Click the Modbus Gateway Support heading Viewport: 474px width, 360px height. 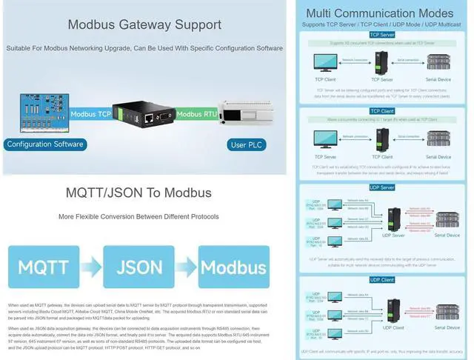141,24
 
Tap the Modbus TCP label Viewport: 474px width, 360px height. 91,114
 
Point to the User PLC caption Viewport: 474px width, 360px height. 248,144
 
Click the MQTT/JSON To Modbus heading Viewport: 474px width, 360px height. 140,193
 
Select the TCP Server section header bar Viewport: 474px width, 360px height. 381,34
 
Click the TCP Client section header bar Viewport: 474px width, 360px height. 381,111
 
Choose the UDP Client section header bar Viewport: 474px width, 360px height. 381,279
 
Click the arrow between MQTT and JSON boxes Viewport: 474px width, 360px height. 91,267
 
